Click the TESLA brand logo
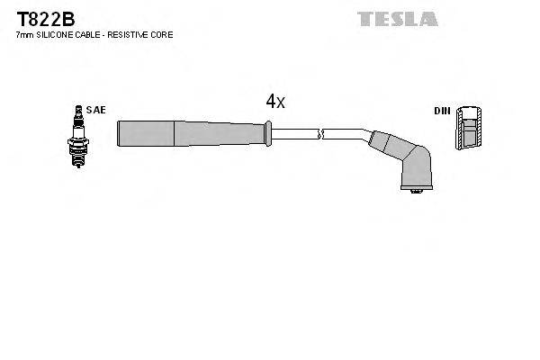(397, 19)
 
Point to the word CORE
(163, 34)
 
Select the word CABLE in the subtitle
(90, 34)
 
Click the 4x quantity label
(274, 102)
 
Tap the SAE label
(97, 110)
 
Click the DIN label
(442, 111)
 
